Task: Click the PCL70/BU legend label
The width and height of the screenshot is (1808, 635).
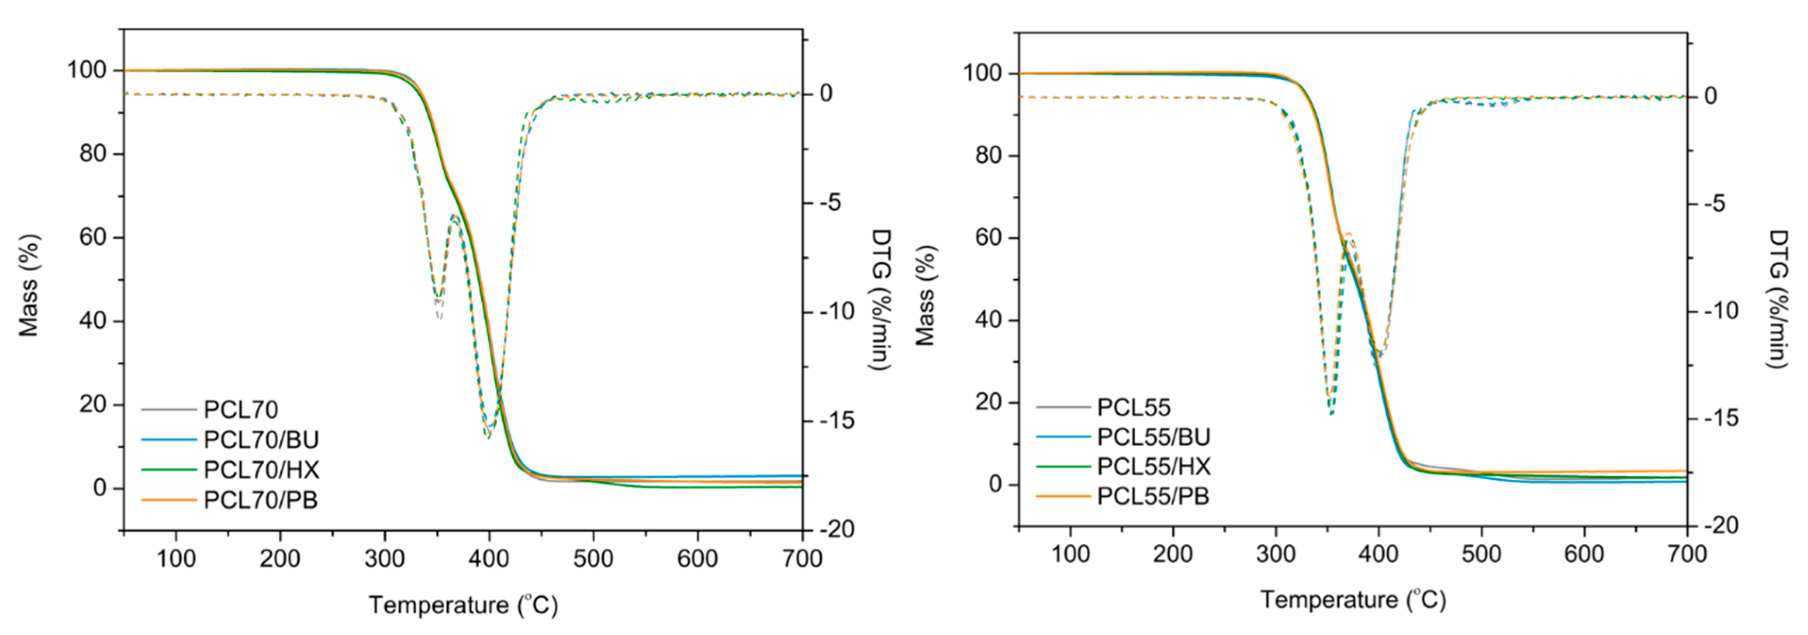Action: pos(261,439)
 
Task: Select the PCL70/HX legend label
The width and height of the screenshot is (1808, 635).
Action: pos(261,469)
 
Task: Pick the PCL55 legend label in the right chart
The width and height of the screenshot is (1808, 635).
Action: pos(1133,407)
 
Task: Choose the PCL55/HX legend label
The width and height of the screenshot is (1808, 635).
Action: pos(1154,467)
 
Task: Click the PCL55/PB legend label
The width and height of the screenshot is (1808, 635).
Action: pos(1153,497)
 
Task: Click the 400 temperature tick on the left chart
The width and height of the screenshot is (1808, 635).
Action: pos(489,559)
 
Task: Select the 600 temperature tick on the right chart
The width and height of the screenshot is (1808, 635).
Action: pos(1584,554)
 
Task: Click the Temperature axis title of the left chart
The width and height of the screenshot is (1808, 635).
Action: pos(463,605)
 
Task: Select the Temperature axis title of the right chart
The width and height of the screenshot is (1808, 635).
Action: pos(1353,600)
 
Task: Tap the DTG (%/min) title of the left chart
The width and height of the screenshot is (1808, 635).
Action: pos(880,299)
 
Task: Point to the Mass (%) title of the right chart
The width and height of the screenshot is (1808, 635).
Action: pos(925,295)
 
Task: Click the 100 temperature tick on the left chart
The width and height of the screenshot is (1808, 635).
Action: pos(175,559)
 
